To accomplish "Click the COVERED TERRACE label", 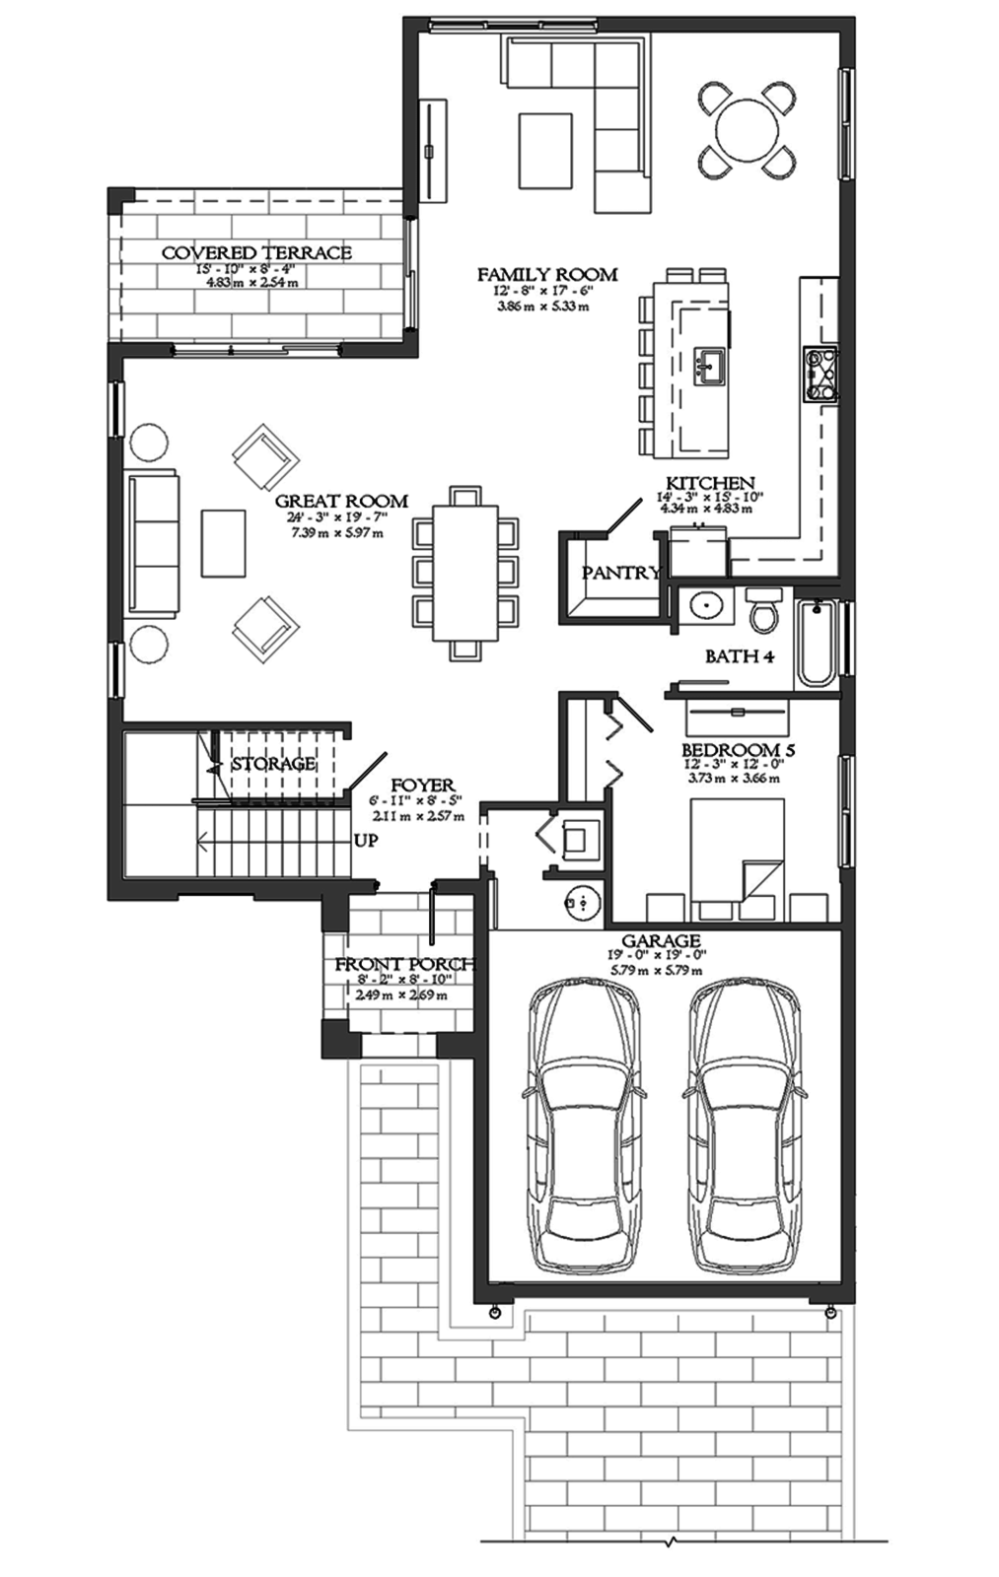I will (x=256, y=253).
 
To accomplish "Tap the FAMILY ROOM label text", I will (x=547, y=275).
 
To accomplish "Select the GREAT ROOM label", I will (x=341, y=502).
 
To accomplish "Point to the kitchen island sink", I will (x=708, y=366).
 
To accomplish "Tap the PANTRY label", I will (x=619, y=573).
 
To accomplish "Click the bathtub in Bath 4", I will (x=817, y=642).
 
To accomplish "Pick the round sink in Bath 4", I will (x=706, y=605).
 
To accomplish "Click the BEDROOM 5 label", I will (x=738, y=750).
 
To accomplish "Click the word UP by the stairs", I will (x=366, y=842).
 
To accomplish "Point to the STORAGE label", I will (x=273, y=764).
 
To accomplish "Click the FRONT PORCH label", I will (x=404, y=965).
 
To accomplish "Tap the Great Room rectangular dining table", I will (x=465, y=573).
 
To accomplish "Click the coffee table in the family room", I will (x=545, y=150).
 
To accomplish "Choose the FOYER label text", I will (x=422, y=786).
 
